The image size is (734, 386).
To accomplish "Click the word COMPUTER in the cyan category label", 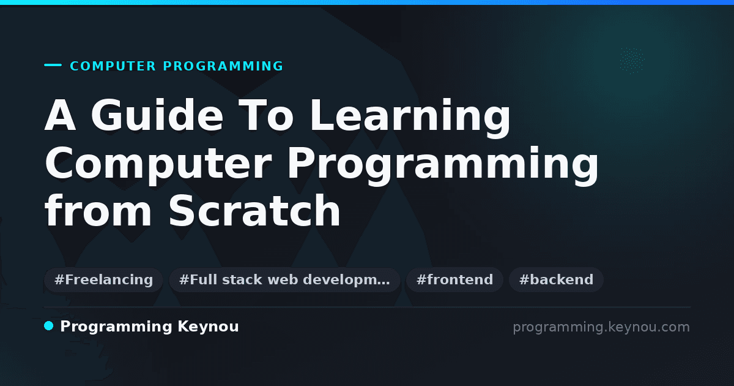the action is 113,66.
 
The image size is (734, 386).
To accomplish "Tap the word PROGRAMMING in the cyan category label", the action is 223,66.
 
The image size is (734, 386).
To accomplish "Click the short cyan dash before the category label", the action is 53,65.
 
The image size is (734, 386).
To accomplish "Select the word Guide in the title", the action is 157,115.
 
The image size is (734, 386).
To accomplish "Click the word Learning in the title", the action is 410,118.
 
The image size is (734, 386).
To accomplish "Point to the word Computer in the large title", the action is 158,164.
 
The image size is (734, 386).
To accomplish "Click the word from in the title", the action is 98,210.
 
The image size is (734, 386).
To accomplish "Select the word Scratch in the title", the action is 254,210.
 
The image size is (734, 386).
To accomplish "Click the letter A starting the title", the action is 61,115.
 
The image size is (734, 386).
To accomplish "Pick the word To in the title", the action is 265,115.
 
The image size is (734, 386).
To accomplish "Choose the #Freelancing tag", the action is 103,279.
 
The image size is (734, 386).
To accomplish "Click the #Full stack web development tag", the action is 284,279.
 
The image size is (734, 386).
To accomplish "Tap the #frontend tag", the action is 454,279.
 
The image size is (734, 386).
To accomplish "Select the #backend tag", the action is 556,279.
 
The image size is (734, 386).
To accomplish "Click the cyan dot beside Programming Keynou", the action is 49,326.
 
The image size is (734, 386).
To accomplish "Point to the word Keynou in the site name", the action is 208,327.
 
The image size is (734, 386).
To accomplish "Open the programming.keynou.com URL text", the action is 601,327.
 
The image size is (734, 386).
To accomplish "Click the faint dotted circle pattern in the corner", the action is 632,61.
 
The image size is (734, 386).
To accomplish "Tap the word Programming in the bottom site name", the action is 116,327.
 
